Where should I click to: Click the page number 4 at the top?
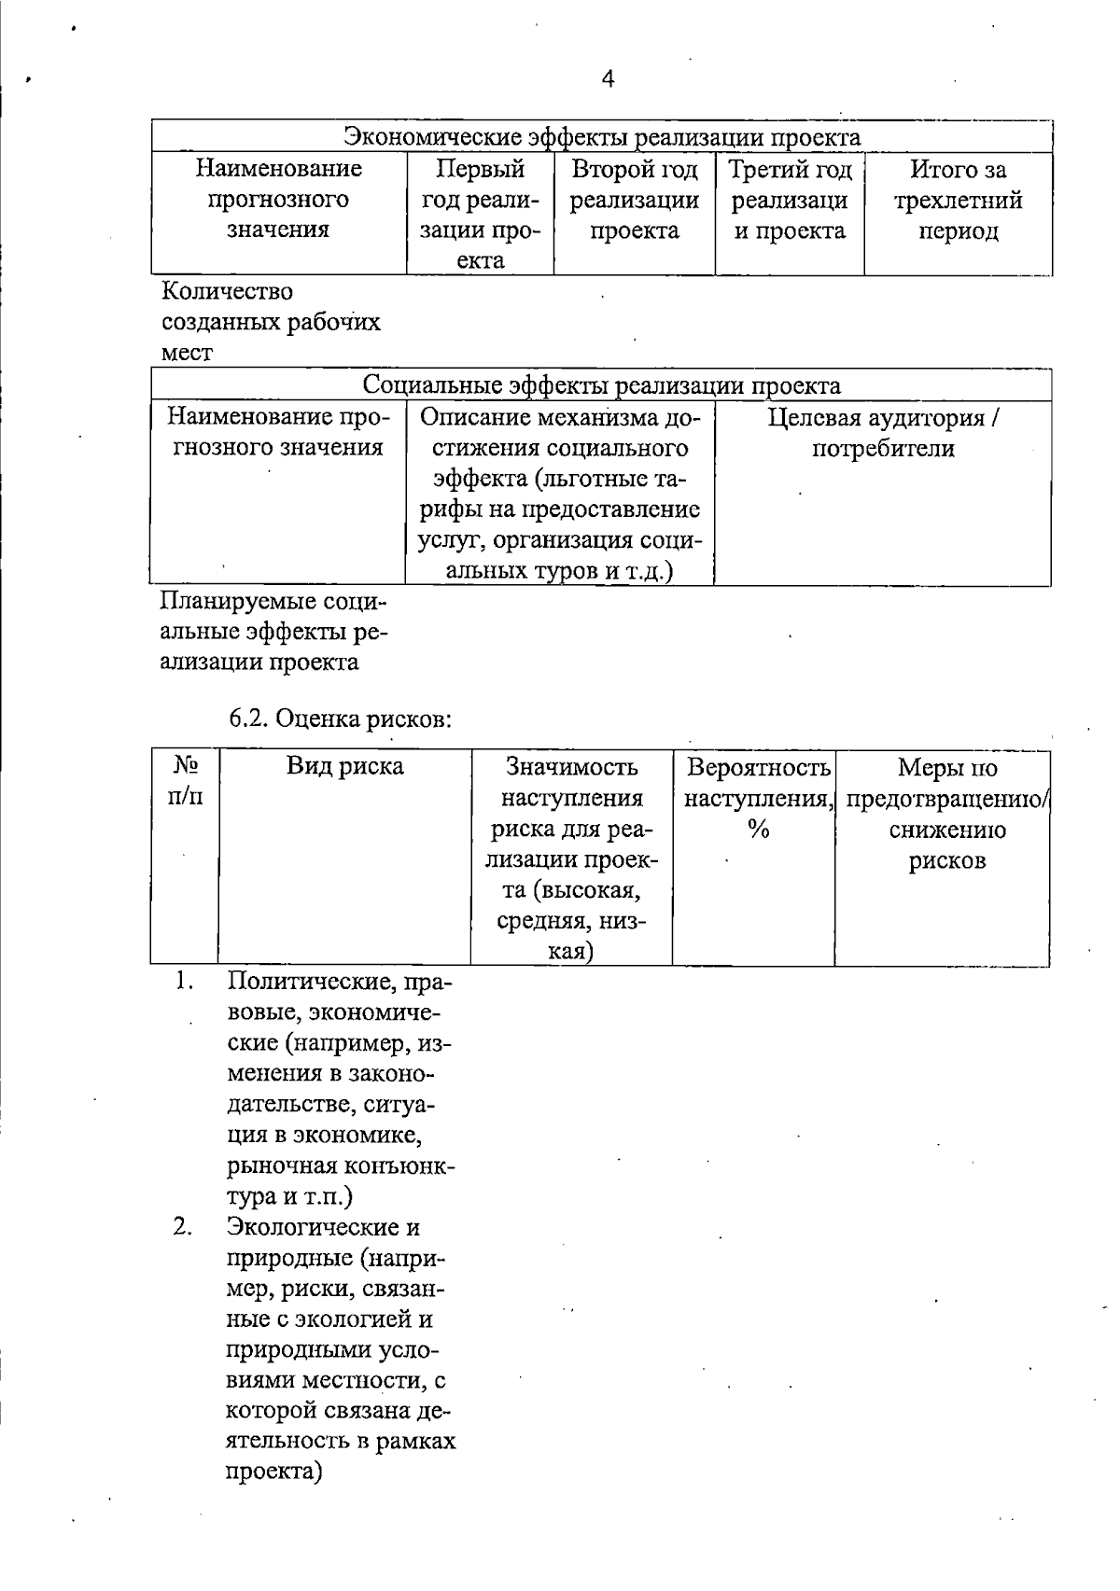pos(608,79)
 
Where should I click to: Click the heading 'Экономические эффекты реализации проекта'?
pos(602,138)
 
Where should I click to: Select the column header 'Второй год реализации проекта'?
pos(635,200)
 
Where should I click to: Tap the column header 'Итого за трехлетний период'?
pos(958,200)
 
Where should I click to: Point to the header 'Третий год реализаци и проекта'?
pos(790,200)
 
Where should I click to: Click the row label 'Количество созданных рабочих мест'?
pos(271,322)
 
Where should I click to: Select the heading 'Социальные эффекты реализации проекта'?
pos(601,385)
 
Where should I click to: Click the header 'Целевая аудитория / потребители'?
pos(883,432)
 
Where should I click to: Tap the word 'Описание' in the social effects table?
pos(481,417)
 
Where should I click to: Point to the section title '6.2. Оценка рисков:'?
pos(341,719)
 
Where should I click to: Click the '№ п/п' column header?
pos(185,782)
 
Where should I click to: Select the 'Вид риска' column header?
pos(344,767)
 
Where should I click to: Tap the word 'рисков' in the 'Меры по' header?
pos(946,860)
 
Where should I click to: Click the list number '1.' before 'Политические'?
pos(184,981)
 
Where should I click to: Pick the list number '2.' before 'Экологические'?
pos(182,1227)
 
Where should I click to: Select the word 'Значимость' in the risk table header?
pos(571,767)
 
